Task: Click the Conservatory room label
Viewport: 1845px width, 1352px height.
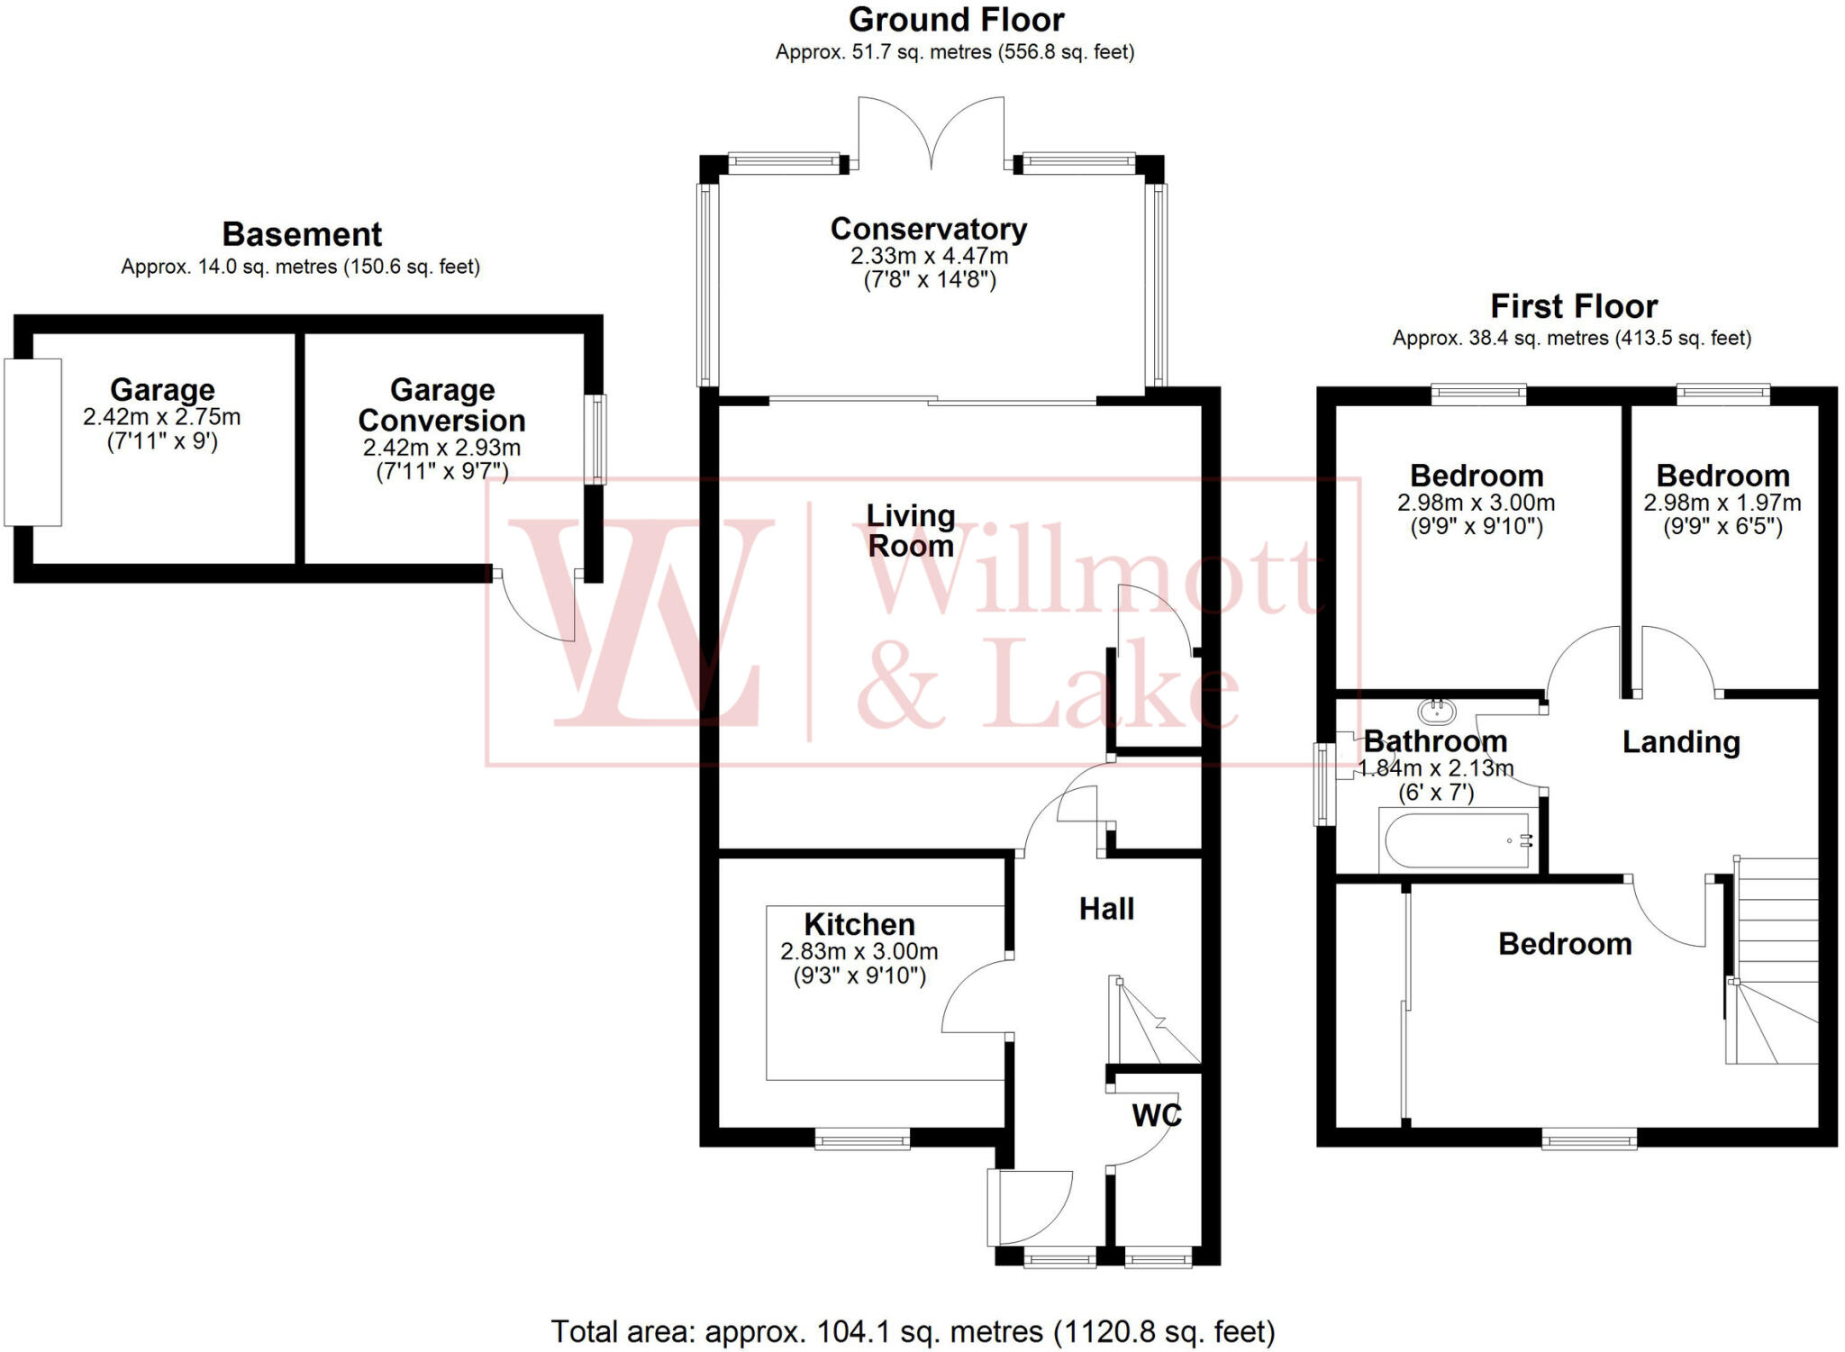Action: pos(928,229)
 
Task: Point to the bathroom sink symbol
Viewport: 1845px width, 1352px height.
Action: pos(1437,712)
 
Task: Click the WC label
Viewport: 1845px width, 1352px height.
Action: pos(1156,1115)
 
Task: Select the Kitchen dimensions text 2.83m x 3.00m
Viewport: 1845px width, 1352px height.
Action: pos(859,951)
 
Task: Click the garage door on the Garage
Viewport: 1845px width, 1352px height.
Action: pos(33,441)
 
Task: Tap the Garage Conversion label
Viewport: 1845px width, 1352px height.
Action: pos(441,405)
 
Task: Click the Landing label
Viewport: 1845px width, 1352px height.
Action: pos(1681,742)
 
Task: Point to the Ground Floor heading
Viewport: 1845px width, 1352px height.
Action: pos(956,20)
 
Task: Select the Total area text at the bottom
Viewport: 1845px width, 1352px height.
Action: pos(913,1331)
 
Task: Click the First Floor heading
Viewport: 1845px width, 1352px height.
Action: pos(1573,306)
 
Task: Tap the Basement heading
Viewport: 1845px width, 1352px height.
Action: pos(302,234)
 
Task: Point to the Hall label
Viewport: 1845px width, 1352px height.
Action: pos(1106,909)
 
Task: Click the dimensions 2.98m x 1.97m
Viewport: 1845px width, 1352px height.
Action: pos(1722,503)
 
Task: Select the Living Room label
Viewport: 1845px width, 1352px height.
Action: pos(910,531)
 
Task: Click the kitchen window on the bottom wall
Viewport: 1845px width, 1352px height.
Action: pos(862,1140)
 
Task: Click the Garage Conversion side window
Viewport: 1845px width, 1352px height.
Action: pos(595,440)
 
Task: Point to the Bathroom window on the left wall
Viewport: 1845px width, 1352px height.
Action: pos(1323,784)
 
